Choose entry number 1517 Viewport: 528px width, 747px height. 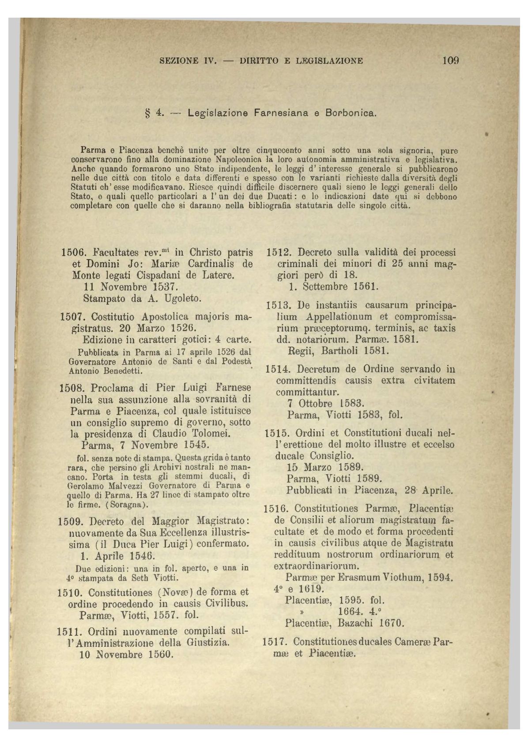276,641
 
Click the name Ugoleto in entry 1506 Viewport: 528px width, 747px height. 181,298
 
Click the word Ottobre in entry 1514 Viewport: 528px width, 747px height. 316,404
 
